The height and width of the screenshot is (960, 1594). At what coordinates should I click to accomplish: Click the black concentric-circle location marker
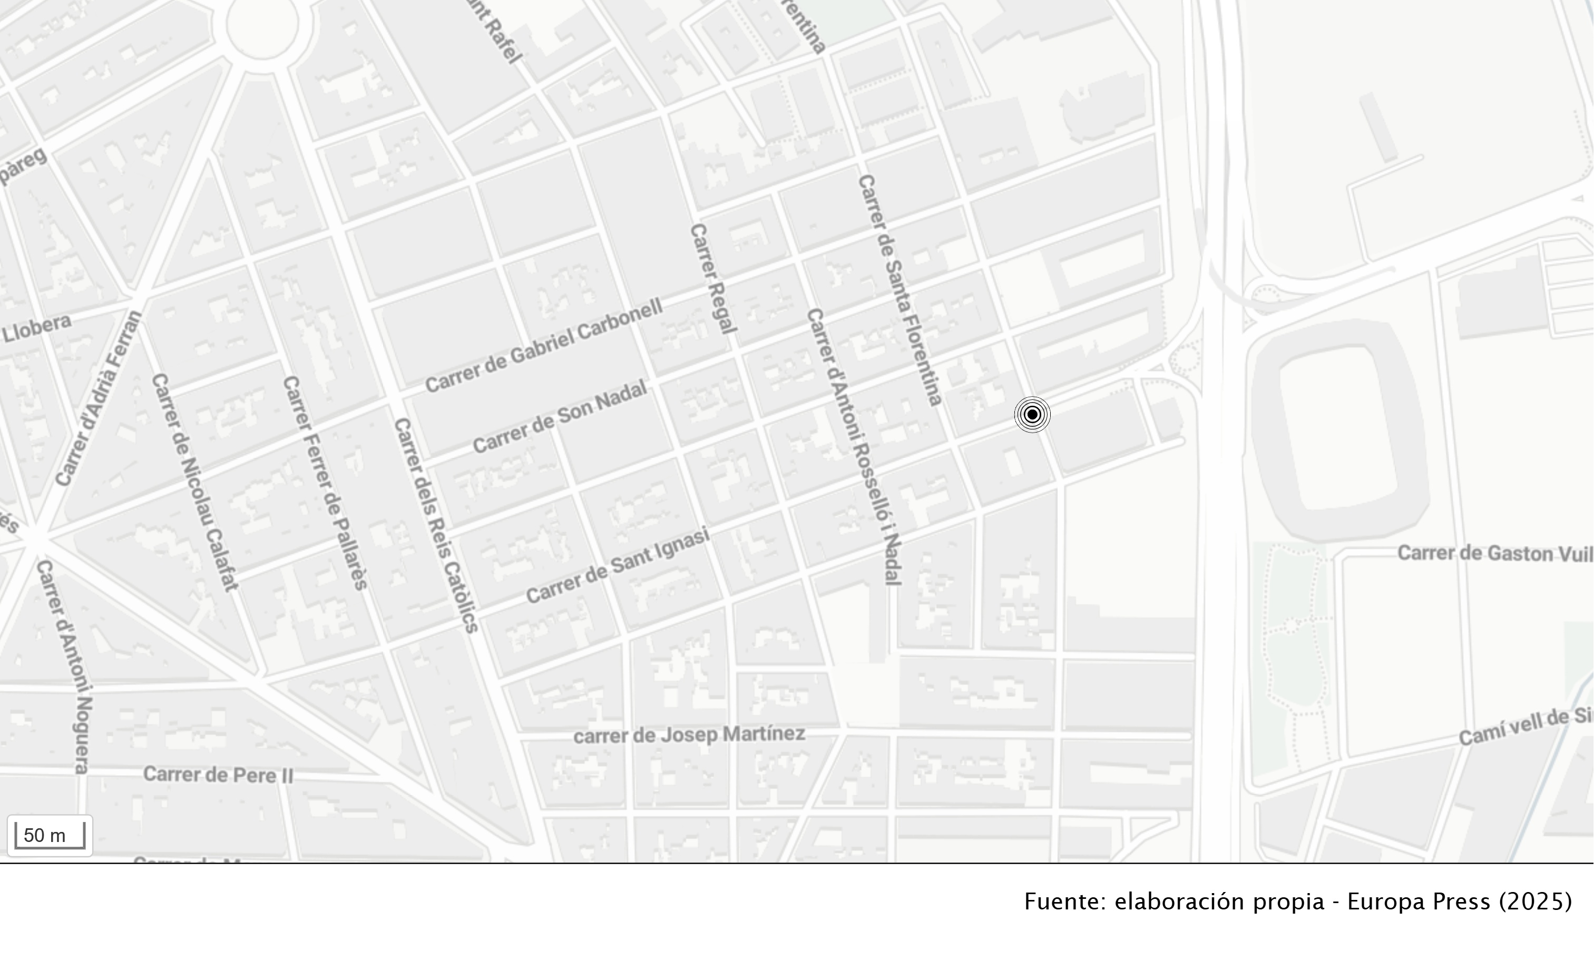[x=1032, y=415]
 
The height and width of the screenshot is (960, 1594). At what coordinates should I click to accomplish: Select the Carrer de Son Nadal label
[x=560, y=417]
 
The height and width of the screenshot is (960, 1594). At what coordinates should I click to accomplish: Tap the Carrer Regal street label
[x=713, y=279]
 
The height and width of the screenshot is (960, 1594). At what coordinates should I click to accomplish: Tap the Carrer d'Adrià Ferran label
[x=99, y=398]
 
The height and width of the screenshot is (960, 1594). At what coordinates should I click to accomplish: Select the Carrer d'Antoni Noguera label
[x=65, y=667]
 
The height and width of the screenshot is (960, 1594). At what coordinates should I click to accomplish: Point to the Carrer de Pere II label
[x=218, y=775]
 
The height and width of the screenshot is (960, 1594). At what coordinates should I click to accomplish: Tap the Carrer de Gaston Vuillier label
[x=1494, y=553]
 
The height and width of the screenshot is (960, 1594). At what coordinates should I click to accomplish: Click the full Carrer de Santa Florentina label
[x=899, y=290]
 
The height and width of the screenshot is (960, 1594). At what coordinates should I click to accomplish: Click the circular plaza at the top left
[x=262, y=25]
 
